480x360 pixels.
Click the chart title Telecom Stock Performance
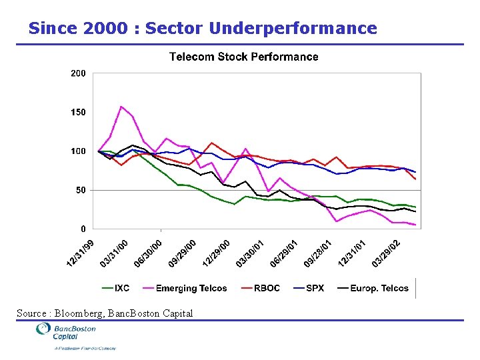243,57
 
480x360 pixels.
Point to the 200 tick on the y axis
78,73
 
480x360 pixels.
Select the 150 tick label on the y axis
78,112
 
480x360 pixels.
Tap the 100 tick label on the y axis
78,151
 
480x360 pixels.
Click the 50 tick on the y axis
80,190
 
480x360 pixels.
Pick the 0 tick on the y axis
83,229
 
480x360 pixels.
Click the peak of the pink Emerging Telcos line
121,107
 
